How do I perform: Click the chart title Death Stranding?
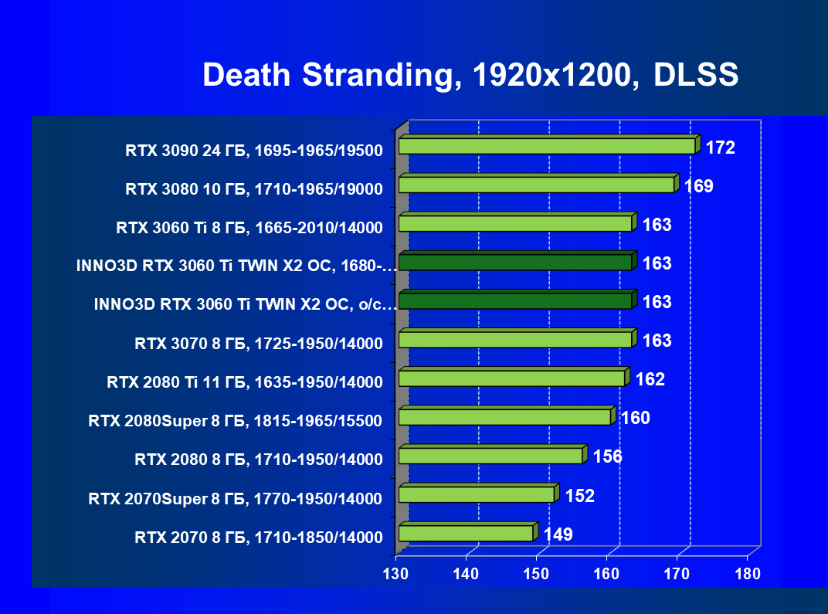click(x=470, y=76)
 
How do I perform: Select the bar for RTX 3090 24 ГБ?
click(x=547, y=146)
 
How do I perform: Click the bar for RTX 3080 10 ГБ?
click(x=536, y=185)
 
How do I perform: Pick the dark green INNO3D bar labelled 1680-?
click(x=515, y=263)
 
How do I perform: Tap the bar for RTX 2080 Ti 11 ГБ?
click(x=511, y=378)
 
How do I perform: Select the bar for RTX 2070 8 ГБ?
click(x=466, y=533)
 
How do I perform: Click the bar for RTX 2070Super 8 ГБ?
click(x=477, y=494)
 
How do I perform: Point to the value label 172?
click(x=720, y=148)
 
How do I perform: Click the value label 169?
click(x=698, y=186)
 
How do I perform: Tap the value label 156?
click(x=608, y=456)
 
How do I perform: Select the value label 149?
click(x=558, y=534)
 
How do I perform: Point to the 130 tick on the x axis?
click(x=395, y=574)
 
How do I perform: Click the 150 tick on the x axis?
click(x=536, y=574)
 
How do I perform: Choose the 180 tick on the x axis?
click(x=748, y=574)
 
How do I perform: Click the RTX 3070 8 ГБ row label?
click(x=258, y=344)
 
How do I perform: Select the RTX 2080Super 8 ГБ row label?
click(x=236, y=421)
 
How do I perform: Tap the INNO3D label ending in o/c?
click(x=246, y=305)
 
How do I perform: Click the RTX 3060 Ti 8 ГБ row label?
click(x=249, y=228)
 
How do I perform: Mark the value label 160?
click(x=636, y=418)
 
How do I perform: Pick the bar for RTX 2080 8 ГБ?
click(x=490, y=456)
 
